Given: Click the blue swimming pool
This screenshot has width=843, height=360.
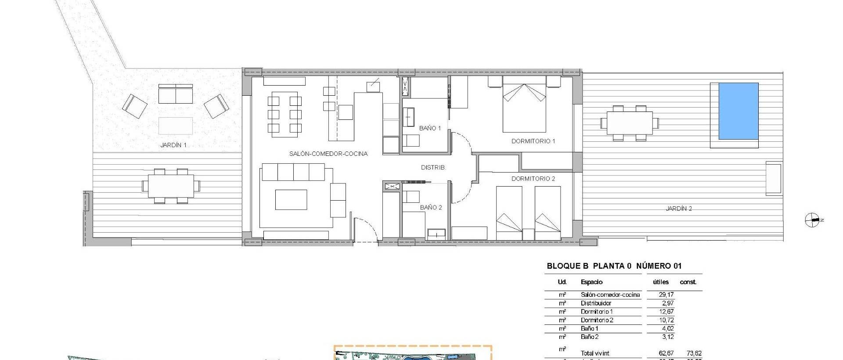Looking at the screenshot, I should pyautogui.click(x=738, y=111).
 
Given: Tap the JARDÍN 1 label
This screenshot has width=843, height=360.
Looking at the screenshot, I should pyautogui.click(x=173, y=145).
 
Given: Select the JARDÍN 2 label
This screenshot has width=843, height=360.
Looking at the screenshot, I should pyautogui.click(x=678, y=209).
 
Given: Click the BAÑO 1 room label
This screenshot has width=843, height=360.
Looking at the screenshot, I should pyautogui.click(x=430, y=128).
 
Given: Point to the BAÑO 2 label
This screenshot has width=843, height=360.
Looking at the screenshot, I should pyautogui.click(x=431, y=207).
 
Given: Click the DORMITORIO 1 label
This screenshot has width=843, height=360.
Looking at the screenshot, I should pyautogui.click(x=533, y=141).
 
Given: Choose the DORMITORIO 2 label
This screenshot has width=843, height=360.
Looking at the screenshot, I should pyautogui.click(x=533, y=179).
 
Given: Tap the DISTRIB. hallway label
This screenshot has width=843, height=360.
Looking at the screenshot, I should pyautogui.click(x=433, y=167).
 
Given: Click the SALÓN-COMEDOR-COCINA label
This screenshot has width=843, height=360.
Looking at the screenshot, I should pyautogui.click(x=328, y=154).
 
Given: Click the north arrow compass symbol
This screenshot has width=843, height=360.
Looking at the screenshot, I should pyautogui.click(x=812, y=220).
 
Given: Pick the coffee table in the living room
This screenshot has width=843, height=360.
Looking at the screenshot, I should pyautogui.click(x=291, y=200).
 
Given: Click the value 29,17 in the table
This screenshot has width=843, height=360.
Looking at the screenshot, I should pyautogui.click(x=666, y=295).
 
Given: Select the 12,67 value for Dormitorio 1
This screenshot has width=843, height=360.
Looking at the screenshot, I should pyautogui.click(x=666, y=312).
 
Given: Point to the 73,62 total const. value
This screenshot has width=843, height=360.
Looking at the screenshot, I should pyautogui.click(x=694, y=353).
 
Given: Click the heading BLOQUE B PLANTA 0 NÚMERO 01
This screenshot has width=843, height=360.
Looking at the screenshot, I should pyautogui.click(x=614, y=266).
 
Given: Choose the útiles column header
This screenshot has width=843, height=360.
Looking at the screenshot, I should pyautogui.click(x=660, y=282).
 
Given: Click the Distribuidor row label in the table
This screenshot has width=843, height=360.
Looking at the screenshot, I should pyautogui.click(x=596, y=303).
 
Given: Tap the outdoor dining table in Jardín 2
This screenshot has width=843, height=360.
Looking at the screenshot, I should pyautogui.click(x=629, y=123).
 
